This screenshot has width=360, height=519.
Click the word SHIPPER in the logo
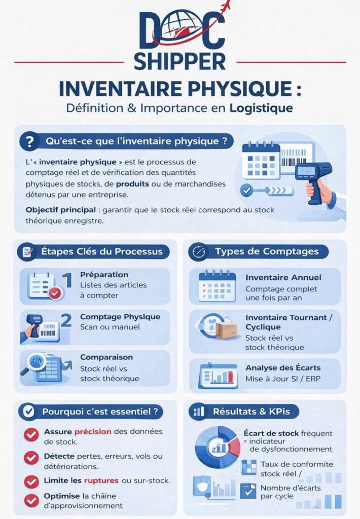pyautogui.click(x=179, y=60)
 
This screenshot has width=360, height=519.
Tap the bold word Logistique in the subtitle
pyautogui.click(x=261, y=108)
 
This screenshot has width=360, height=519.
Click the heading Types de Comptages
pyautogui.click(x=266, y=251)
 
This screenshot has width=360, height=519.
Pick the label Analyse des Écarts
pyautogui.click(x=283, y=367)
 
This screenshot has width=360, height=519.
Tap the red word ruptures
pyautogui.click(x=101, y=480)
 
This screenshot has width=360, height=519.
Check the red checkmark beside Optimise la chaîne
pyautogui.click(x=31, y=500)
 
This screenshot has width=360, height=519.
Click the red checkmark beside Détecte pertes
pyautogui.click(x=31, y=458)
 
